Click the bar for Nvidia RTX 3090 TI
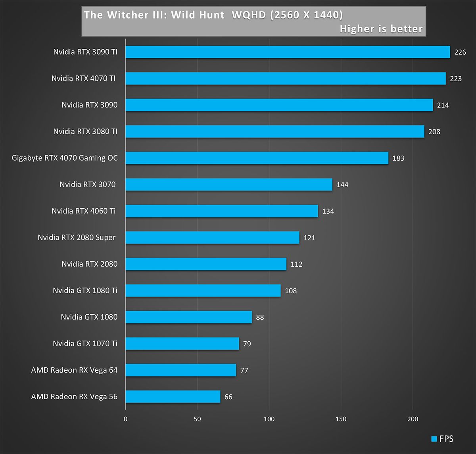[x=288, y=52]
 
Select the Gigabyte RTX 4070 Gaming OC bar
[x=257, y=158]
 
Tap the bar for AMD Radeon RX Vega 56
[x=173, y=396]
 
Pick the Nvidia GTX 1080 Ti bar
[x=203, y=290]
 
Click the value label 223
[x=456, y=79]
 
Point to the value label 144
[x=342, y=185]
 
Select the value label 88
[x=260, y=317]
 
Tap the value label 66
[x=228, y=397]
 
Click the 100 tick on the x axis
[x=269, y=419]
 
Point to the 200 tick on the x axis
[x=413, y=419]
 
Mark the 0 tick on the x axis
[x=126, y=419]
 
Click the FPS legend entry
[x=442, y=439]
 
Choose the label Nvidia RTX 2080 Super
[x=77, y=237]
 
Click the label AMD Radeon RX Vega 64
[x=74, y=370]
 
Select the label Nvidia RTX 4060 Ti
[x=84, y=211]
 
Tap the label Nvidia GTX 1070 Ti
[x=85, y=343]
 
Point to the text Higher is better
[x=381, y=29]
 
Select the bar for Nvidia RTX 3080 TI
[x=274, y=131]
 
